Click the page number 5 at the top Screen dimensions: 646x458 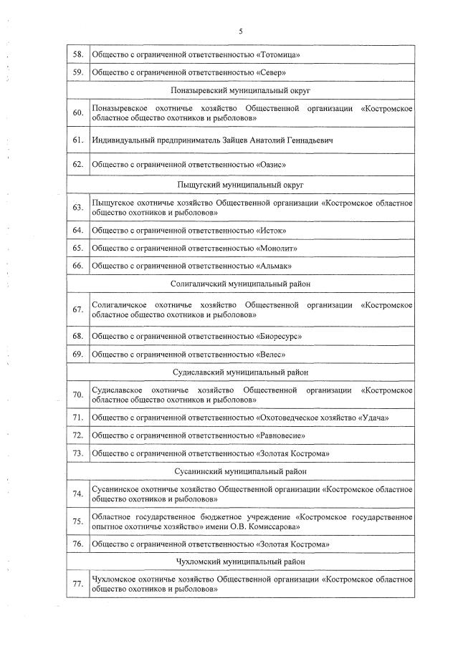point(240,31)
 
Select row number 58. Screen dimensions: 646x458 point(78,54)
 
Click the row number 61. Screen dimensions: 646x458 point(78,140)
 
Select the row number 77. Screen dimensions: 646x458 point(78,584)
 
